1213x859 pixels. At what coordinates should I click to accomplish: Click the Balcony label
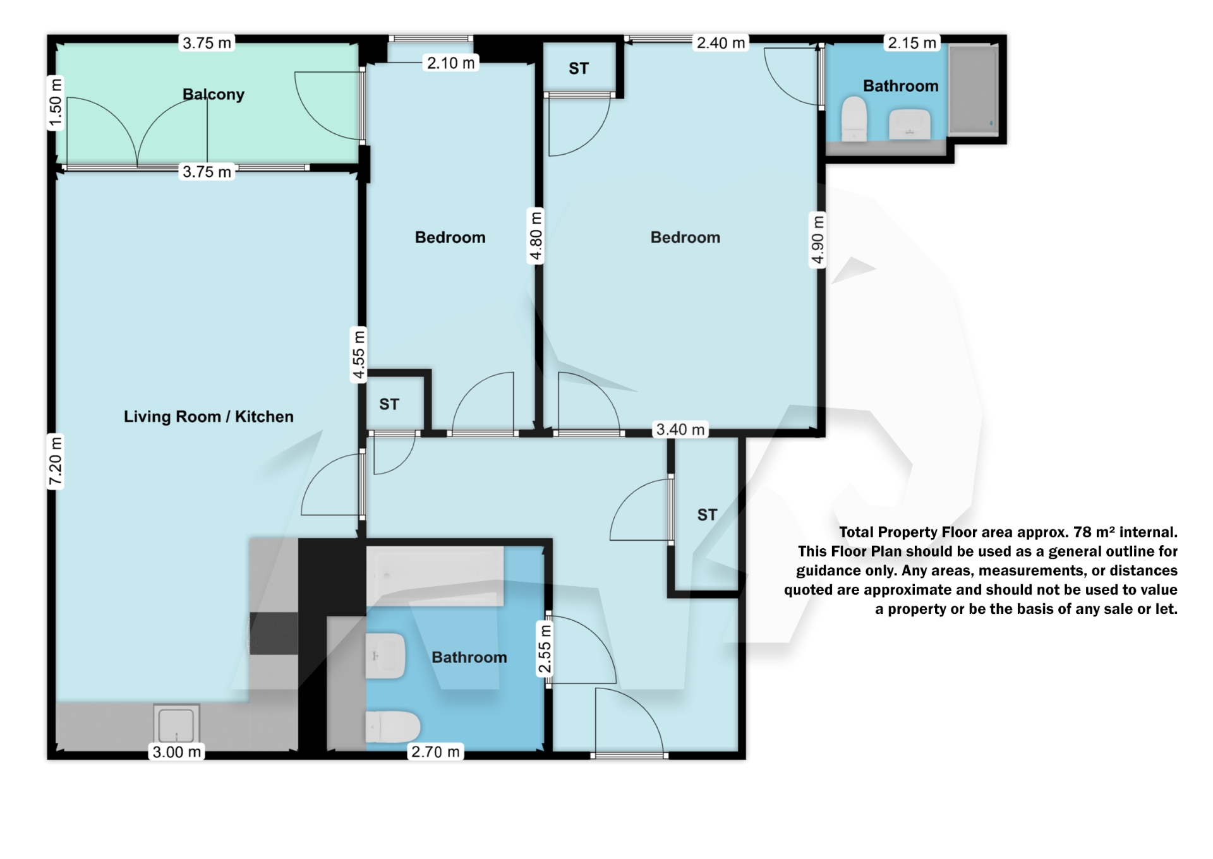tap(213, 94)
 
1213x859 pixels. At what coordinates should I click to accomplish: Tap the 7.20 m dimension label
tap(56, 462)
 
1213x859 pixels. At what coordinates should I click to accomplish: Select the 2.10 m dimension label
tap(450, 63)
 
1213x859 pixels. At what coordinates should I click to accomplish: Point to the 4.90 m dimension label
tap(818, 240)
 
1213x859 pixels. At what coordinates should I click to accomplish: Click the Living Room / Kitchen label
tap(208, 416)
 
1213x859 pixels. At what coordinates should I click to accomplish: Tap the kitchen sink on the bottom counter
tap(176, 724)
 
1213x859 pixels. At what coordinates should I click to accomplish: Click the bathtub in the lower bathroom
tap(435, 576)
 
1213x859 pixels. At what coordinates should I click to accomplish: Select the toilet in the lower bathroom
tap(392, 727)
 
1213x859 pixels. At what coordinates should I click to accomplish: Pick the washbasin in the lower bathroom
tap(385, 656)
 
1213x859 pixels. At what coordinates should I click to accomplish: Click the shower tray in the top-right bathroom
tap(973, 90)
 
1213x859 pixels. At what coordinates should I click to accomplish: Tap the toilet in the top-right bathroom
tap(854, 119)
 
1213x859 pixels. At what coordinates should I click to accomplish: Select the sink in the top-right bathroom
tap(910, 124)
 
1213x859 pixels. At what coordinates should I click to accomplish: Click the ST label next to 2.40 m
tap(579, 68)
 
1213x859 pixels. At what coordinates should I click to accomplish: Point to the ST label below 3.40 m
tap(707, 515)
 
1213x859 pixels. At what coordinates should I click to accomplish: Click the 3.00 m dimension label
tap(177, 752)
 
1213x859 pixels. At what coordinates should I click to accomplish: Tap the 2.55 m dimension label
tap(545, 649)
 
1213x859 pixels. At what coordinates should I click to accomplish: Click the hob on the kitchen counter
tap(274, 634)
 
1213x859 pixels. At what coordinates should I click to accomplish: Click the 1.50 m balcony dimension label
tap(56, 103)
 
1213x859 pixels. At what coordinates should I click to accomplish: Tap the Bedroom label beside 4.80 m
tap(450, 237)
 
